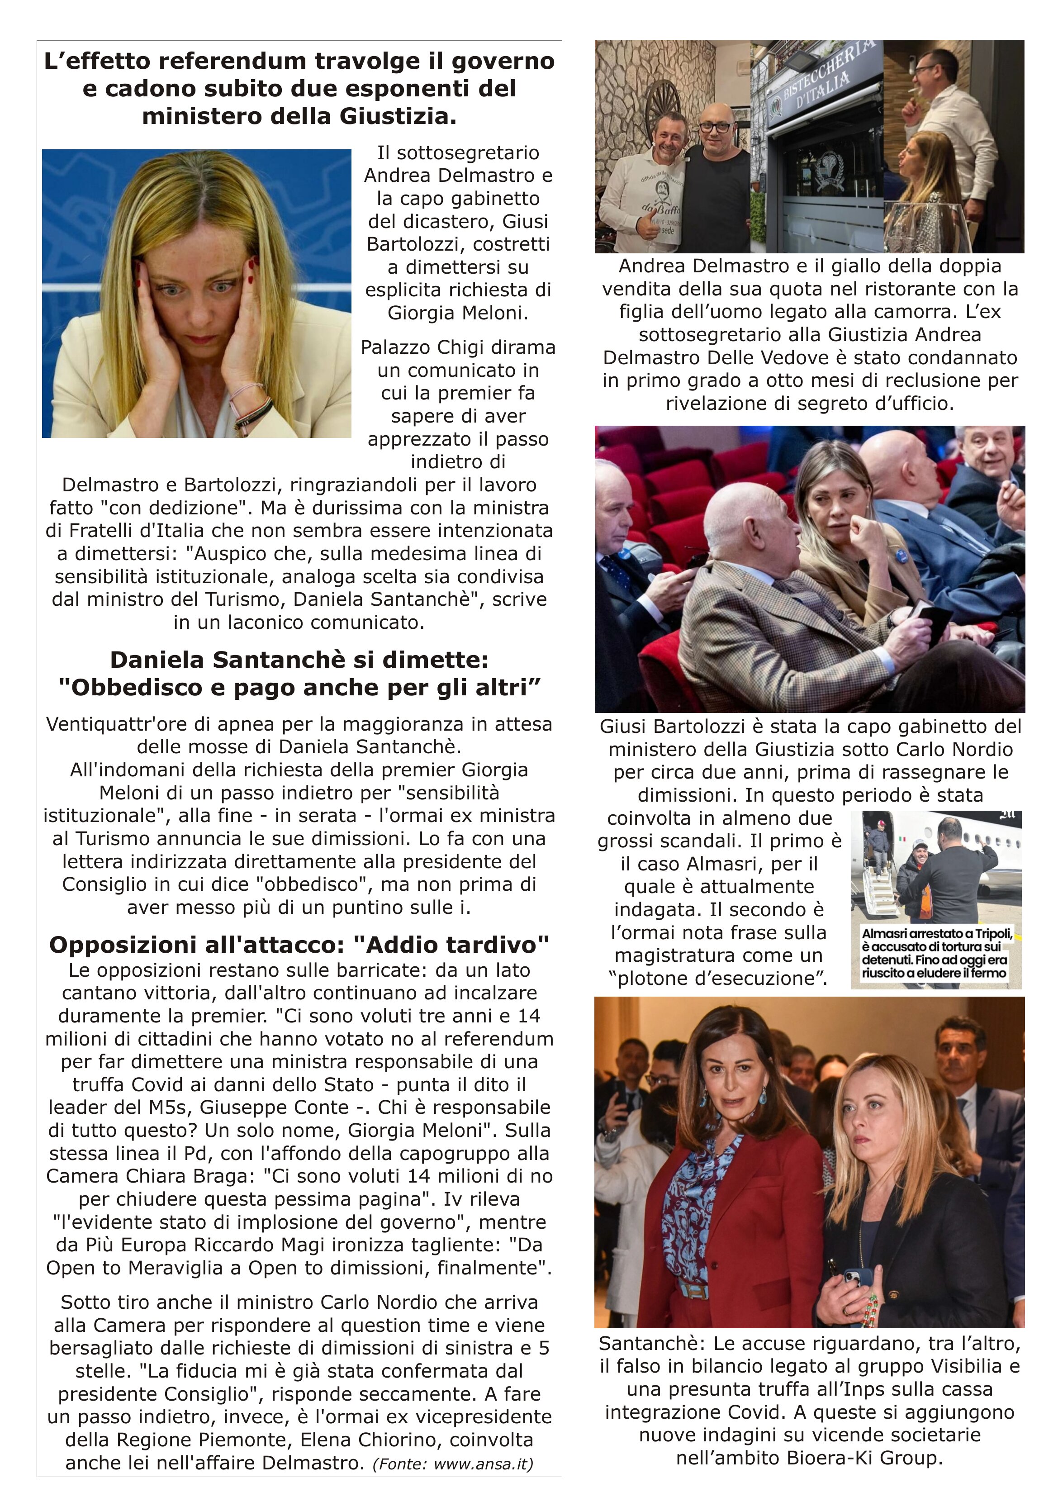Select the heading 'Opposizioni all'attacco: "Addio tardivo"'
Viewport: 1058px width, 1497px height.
click(x=299, y=944)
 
